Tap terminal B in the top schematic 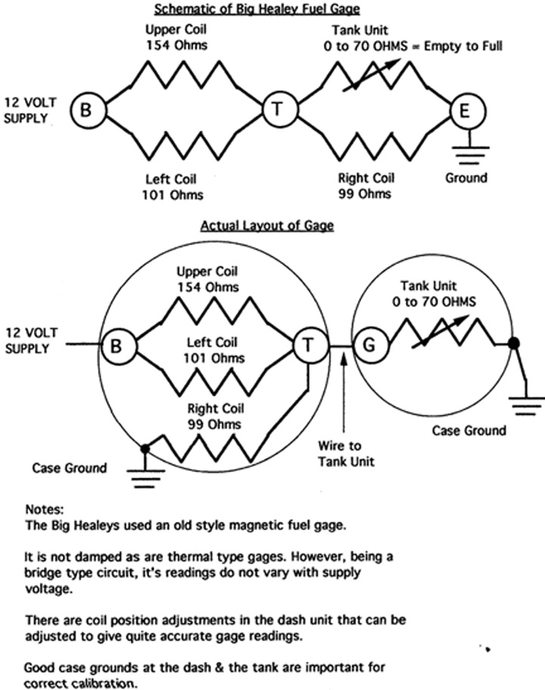[x=86, y=110]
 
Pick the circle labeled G [x=369, y=346]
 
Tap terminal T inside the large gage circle [x=308, y=346]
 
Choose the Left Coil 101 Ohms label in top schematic [x=173, y=187]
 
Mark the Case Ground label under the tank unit [x=469, y=430]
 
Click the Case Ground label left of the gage [x=70, y=468]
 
